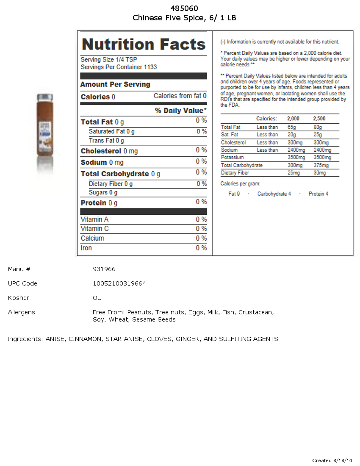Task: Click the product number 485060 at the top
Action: [x=184, y=8]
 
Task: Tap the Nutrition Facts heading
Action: [x=144, y=44]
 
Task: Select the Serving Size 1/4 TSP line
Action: [x=109, y=60]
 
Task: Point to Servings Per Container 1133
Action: [x=119, y=67]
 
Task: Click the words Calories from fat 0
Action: [x=180, y=96]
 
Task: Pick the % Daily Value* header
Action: [x=181, y=111]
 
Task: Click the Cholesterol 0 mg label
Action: [x=109, y=151]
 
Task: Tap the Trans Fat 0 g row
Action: [x=106, y=141]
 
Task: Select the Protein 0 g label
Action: [x=99, y=203]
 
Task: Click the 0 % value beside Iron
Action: [x=201, y=248]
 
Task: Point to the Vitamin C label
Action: [x=95, y=229]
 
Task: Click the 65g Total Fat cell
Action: [x=292, y=127]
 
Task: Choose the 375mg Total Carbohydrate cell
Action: [x=319, y=165]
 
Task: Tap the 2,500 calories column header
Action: [x=319, y=119]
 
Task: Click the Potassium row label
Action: [x=232, y=158]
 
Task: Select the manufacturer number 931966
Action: [x=104, y=269]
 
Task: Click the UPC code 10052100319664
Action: [x=119, y=283]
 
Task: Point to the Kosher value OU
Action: [x=97, y=298]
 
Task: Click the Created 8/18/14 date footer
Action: [x=332, y=460]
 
